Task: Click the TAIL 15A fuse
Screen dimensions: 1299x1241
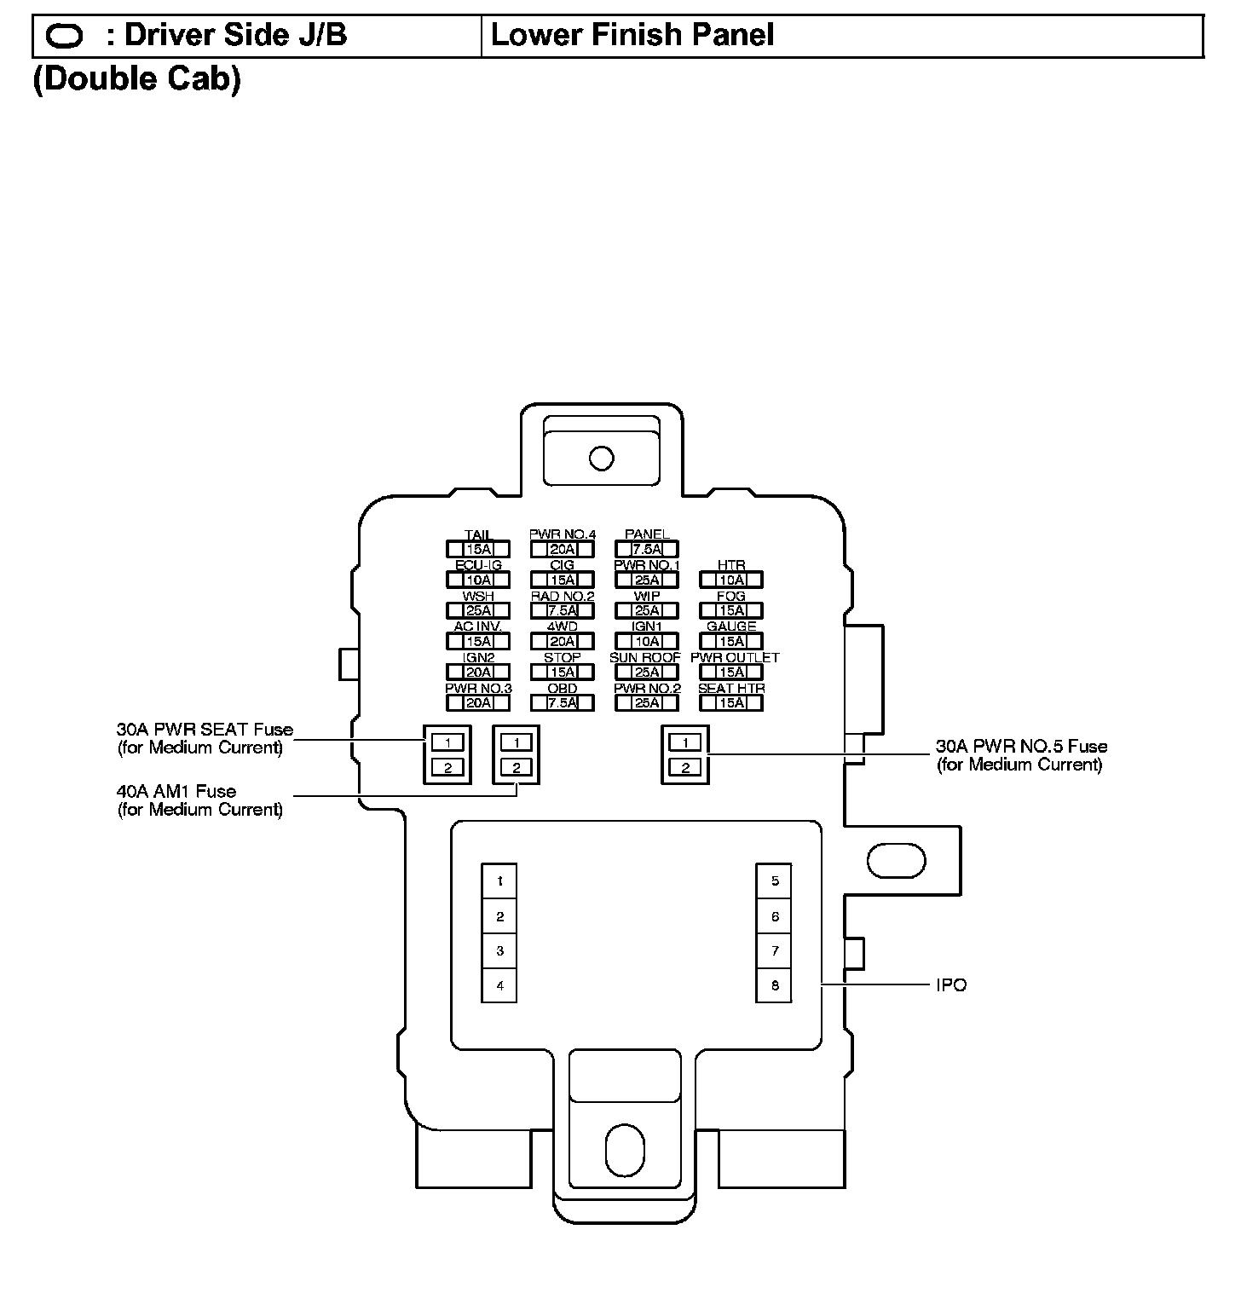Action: tap(478, 549)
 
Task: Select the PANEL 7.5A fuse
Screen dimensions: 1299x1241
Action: tap(647, 549)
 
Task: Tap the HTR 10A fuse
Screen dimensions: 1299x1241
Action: tap(731, 580)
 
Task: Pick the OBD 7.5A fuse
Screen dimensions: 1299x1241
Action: tap(563, 702)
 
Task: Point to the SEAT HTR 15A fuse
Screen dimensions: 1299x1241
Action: tap(731, 702)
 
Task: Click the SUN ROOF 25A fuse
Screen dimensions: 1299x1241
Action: tap(647, 672)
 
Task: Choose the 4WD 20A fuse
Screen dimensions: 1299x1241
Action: tap(563, 641)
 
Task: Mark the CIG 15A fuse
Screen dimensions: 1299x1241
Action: tap(563, 580)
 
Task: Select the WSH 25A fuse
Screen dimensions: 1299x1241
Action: tap(478, 610)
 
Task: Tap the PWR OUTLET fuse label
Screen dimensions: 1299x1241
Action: tap(734, 657)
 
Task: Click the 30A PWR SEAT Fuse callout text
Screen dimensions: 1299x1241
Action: tap(205, 738)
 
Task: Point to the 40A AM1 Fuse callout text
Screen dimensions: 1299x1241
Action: tap(199, 800)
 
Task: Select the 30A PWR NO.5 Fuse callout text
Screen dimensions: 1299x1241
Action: tap(1021, 755)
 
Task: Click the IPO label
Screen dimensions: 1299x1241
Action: tap(951, 985)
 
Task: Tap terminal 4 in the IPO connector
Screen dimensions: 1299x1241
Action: tap(500, 986)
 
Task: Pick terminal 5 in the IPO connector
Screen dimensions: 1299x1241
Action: tap(775, 881)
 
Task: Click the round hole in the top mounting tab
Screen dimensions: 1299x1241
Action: tap(602, 458)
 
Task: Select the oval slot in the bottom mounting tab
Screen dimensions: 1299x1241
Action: tap(625, 1150)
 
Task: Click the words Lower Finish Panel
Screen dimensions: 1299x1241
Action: tap(632, 35)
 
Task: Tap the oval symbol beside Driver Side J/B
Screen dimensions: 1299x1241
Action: tap(64, 36)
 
